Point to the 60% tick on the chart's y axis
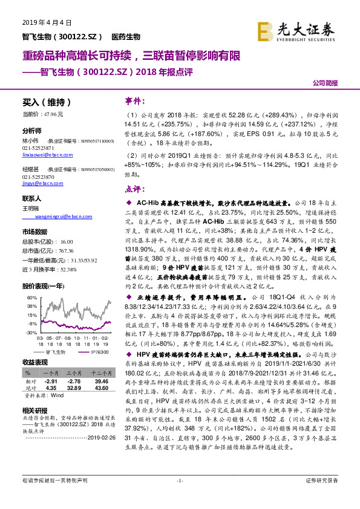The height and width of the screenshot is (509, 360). point(31,297)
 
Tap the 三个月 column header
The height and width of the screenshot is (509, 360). point(74,375)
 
